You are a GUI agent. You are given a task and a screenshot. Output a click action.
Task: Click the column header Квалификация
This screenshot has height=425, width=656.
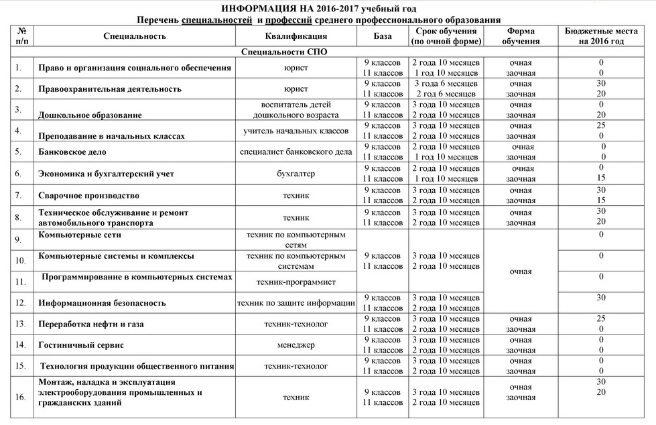tap(296, 36)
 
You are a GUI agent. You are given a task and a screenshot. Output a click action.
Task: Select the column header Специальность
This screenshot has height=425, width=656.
tap(135, 36)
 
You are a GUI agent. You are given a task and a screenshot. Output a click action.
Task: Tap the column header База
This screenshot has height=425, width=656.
tap(383, 36)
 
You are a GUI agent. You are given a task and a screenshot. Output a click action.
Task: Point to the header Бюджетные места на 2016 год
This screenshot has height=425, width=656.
tap(601, 36)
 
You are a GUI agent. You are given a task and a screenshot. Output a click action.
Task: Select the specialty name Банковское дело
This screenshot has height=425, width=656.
tap(72, 152)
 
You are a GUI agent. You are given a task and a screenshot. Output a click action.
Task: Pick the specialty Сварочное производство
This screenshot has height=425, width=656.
tap(89, 196)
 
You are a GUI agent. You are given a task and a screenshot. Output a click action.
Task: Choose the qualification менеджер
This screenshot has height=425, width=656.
tap(296, 345)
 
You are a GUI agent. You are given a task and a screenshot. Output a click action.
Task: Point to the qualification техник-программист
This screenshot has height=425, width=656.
tap(296, 282)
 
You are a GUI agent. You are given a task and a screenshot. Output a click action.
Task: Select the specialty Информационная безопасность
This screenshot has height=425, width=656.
tap(102, 303)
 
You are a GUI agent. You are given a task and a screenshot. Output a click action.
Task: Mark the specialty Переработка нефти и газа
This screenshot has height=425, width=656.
tap(91, 324)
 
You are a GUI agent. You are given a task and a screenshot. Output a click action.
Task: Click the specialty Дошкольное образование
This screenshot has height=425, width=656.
tap(90, 115)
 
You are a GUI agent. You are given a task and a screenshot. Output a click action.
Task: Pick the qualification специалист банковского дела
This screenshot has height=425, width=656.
tap(296, 152)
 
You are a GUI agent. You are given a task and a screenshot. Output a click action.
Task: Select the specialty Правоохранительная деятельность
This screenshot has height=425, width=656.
tap(110, 88)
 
